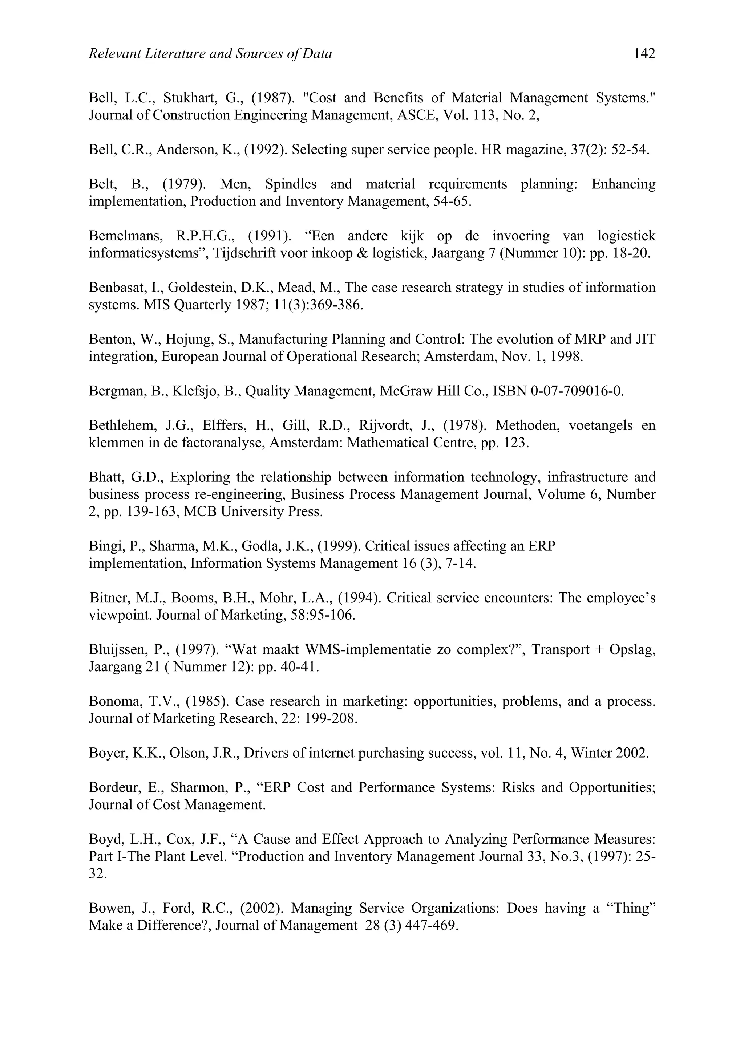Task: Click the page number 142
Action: pyautogui.click(x=644, y=54)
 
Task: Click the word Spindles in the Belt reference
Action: pyautogui.click(x=291, y=184)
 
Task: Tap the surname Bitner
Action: pyautogui.click(x=109, y=598)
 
